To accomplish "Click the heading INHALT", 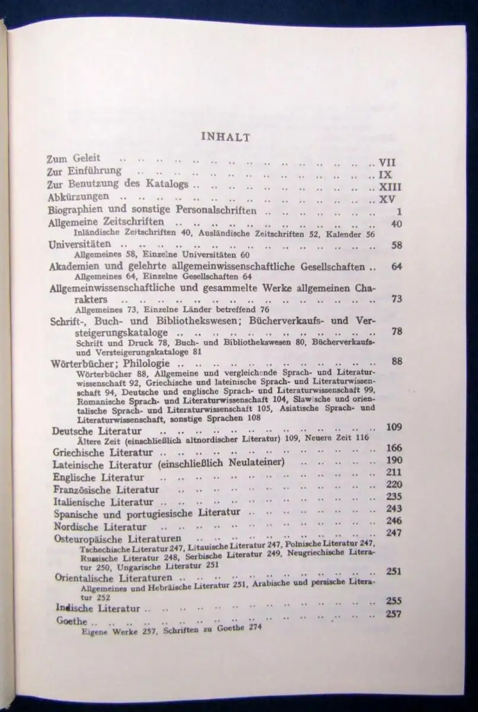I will [226, 137].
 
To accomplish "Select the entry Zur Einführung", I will [84, 172].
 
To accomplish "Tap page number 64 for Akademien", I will [396, 266].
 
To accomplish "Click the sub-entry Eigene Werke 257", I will [120, 632].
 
